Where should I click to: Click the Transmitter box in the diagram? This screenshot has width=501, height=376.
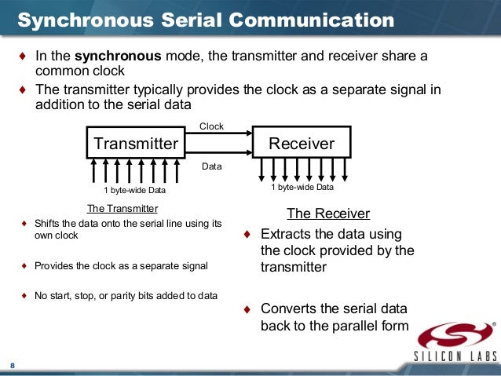point(136,143)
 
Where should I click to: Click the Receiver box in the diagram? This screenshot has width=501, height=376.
point(301,143)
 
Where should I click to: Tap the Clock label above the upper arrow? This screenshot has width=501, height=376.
point(211,126)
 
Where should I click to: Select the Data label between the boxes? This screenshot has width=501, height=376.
point(211,166)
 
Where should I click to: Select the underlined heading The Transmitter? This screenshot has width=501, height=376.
point(122,208)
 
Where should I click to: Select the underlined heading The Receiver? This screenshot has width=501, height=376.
point(327,214)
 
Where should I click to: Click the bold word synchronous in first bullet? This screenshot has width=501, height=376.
point(109,57)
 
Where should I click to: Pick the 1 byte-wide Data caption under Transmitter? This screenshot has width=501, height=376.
point(134,190)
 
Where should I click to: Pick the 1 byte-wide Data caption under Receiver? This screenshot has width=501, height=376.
point(302,187)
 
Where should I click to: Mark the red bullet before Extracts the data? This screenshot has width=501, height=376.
point(247,235)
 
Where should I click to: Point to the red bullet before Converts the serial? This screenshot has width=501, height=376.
point(247,308)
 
